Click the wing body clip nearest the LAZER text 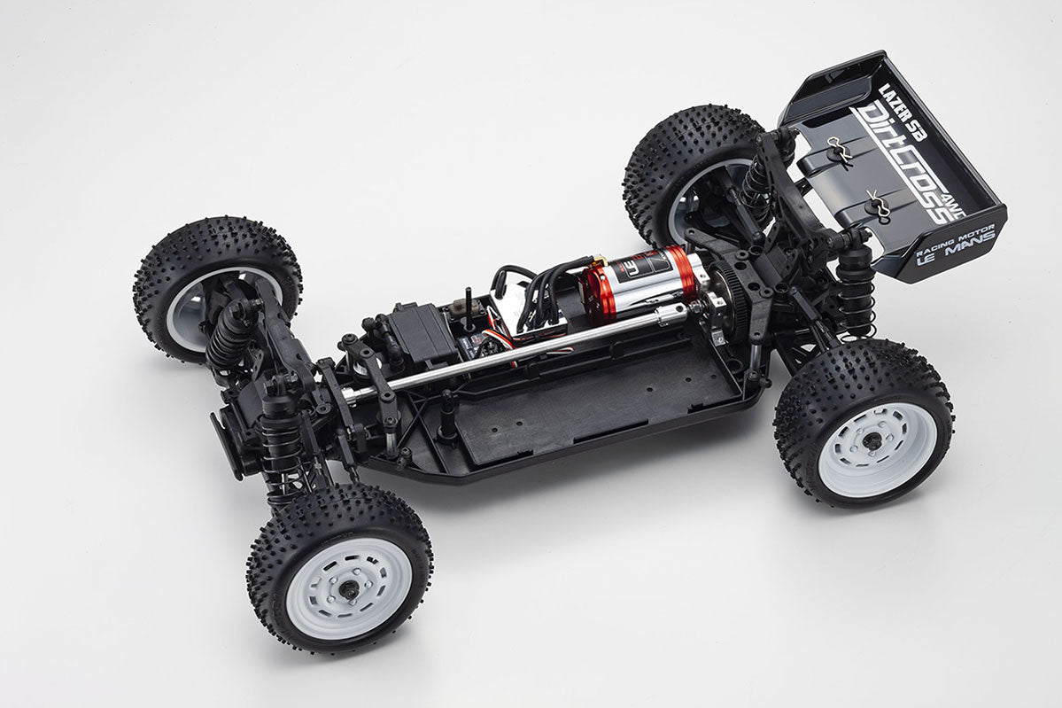pyautogui.click(x=839, y=152)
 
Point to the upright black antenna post pyautogui.click(x=468, y=307)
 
